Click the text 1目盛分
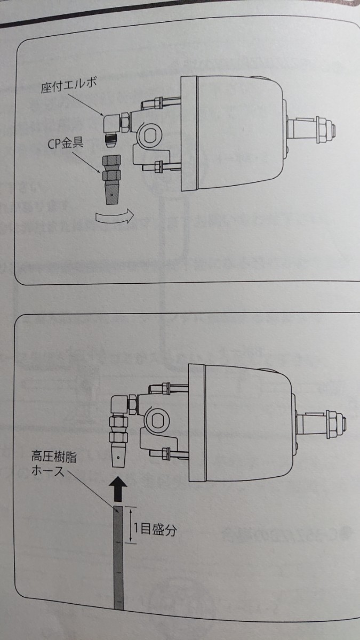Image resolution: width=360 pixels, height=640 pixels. pyautogui.click(x=155, y=530)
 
